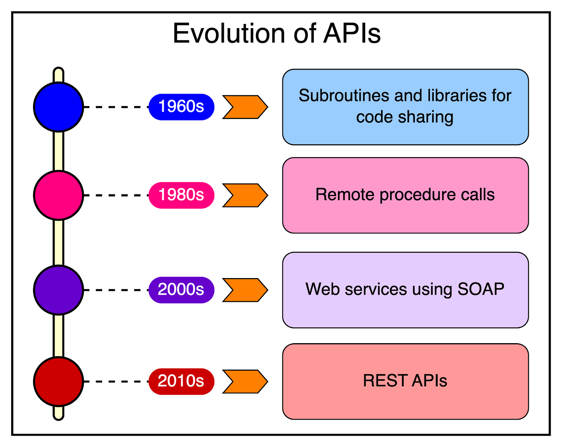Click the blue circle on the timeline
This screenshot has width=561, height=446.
(59, 107)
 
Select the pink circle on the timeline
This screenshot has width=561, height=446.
(59, 195)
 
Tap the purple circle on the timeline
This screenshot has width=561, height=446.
(59, 290)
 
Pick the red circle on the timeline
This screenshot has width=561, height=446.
(59, 381)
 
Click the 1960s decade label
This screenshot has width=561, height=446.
(181, 107)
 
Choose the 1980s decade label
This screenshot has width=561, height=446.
(181, 195)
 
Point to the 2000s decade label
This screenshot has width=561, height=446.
(181, 290)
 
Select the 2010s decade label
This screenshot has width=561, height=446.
(181, 381)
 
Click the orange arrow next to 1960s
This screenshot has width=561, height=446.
(245, 107)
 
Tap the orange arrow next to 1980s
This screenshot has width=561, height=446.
(245, 195)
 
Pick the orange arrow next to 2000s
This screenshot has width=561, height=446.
(245, 290)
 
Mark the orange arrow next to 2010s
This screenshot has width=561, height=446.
(245, 381)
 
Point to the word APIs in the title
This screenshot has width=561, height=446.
(352, 34)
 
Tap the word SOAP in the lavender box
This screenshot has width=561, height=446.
(480, 289)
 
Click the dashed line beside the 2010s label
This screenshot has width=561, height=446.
(116, 381)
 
